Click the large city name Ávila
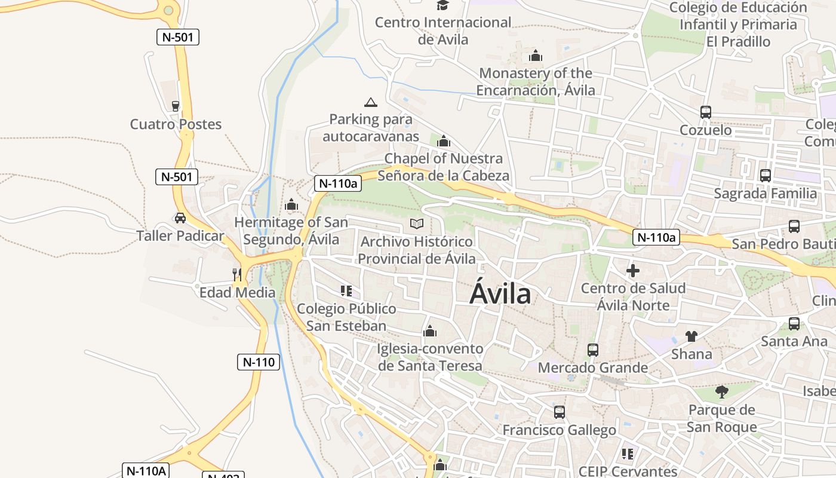pos(500,294)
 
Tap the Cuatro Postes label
pos(176,124)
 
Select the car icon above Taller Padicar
pos(180,218)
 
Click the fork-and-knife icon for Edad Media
pos(237,274)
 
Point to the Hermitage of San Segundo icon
pos(291,205)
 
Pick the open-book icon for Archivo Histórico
pos(417,224)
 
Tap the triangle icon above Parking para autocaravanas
pos(371,102)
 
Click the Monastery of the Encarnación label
pos(536,82)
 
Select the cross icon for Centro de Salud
pos(633,271)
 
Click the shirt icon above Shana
pos(691,336)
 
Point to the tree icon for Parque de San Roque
pos(722,392)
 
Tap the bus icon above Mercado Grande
pos(593,350)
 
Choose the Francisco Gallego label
pos(559,430)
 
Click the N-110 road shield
pos(259,361)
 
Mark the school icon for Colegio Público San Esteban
pos(346,291)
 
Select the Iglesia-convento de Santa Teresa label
pos(430,357)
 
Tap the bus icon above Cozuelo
pos(706,112)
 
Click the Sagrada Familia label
pos(766,194)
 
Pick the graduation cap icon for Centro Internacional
pos(442,5)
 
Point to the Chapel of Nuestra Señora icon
pos(444,142)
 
